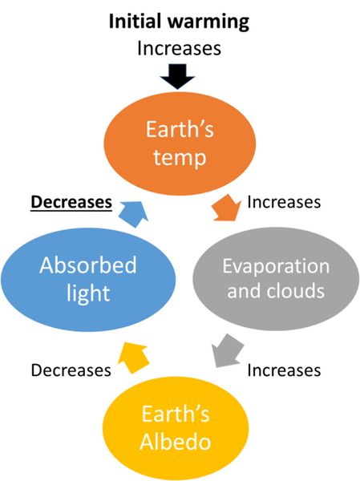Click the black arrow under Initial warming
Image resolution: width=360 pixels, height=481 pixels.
coord(177,76)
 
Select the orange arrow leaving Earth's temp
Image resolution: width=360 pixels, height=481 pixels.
coord(226,208)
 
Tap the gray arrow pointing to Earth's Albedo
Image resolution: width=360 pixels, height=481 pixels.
coord(228,350)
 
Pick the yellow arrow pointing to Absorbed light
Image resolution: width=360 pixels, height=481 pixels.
coord(134,357)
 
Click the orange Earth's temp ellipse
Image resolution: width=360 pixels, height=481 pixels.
coord(180,143)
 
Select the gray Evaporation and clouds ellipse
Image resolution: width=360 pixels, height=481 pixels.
coord(276,278)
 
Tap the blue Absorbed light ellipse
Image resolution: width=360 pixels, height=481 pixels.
coord(88,280)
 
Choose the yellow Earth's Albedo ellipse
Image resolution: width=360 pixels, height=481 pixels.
coord(176,429)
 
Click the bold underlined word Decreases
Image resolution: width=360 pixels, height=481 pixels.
coord(71,202)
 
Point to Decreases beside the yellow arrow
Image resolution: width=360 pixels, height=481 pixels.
coord(71,370)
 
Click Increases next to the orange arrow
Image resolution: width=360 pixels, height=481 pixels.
coord(284,202)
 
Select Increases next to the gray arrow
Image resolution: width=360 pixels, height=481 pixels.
coord(284,370)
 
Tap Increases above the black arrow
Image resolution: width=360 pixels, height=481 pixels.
coord(179,48)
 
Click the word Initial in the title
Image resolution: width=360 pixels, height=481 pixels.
coord(135,22)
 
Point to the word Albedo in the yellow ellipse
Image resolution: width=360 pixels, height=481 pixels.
coord(176,442)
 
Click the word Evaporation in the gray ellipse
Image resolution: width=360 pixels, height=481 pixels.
coord(276,266)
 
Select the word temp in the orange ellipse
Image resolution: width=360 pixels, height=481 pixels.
coord(180,158)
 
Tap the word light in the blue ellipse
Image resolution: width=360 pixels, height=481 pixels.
coord(88,293)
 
